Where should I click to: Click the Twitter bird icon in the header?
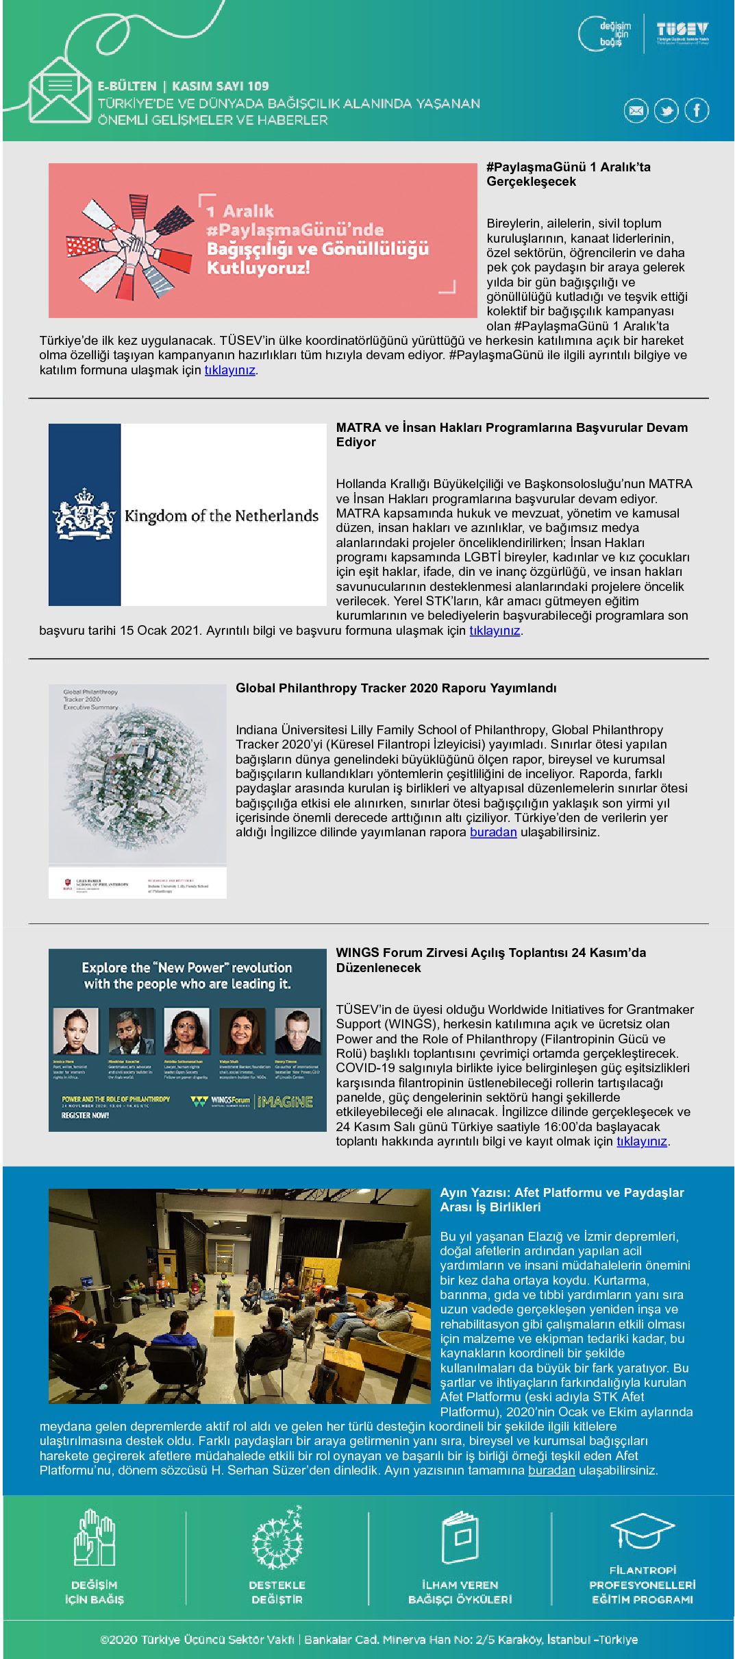pyautogui.click(x=666, y=110)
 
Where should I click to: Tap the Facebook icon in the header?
pyautogui.click(x=697, y=110)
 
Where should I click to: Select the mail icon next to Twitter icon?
pyautogui.click(x=636, y=110)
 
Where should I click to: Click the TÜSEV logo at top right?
pyautogui.click(x=682, y=32)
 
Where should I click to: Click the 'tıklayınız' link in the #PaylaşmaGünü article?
pyautogui.click(x=229, y=370)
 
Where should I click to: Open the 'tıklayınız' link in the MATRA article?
pyautogui.click(x=495, y=631)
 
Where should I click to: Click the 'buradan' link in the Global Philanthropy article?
pyautogui.click(x=493, y=832)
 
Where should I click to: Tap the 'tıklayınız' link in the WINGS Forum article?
pyautogui.click(x=642, y=1141)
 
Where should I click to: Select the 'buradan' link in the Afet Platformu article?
pyautogui.click(x=551, y=1470)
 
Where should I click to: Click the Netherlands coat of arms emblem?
pyautogui.click(x=84, y=514)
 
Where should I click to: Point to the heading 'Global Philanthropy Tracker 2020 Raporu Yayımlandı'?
pyautogui.click(x=396, y=688)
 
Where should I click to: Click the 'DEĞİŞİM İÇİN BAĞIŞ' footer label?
pyautogui.click(x=95, y=1592)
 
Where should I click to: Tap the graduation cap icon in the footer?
pyautogui.click(x=642, y=1531)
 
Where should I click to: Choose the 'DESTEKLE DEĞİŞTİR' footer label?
pyautogui.click(x=277, y=1592)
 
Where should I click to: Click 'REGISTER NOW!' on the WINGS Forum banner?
pyautogui.click(x=85, y=1115)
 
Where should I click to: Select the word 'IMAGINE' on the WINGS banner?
pyautogui.click(x=286, y=1102)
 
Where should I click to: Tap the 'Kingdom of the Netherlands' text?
pyautogui.click(x=221, y=516)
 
